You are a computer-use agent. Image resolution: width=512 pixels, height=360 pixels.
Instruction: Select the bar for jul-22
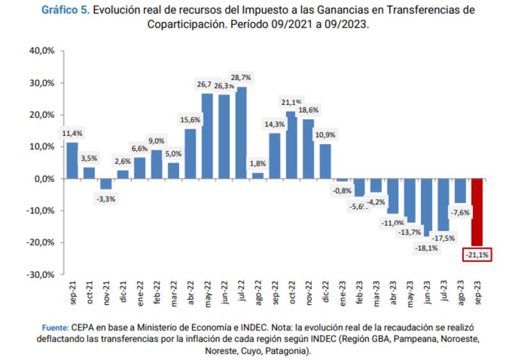pyautogui.click(x=241, y=133)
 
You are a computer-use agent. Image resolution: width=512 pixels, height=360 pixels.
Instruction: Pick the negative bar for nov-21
pyautogui.click(x=106, y=184)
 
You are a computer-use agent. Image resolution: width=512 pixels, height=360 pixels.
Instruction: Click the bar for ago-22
pyautogui.click(x=258, y=176)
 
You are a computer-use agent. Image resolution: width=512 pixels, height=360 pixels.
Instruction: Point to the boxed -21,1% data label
pyautogui.click(x=476, y=255)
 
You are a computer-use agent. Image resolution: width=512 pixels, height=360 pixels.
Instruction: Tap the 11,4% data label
pyautogui.click(x=72, y=133)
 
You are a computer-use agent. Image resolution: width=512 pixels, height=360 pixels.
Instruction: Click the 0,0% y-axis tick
pyautogui.click(x=44, y=179)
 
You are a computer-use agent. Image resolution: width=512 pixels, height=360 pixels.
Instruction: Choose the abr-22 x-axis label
pyautogui.click(x=191, y=291)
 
